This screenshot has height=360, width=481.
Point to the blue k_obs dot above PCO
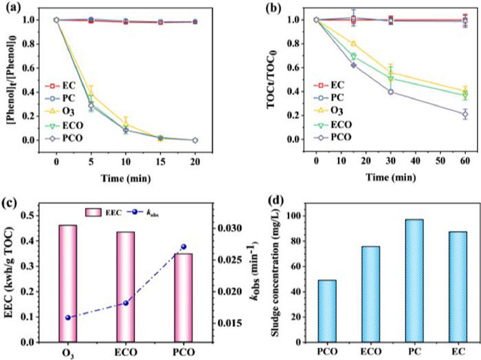[x=183, y=247]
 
